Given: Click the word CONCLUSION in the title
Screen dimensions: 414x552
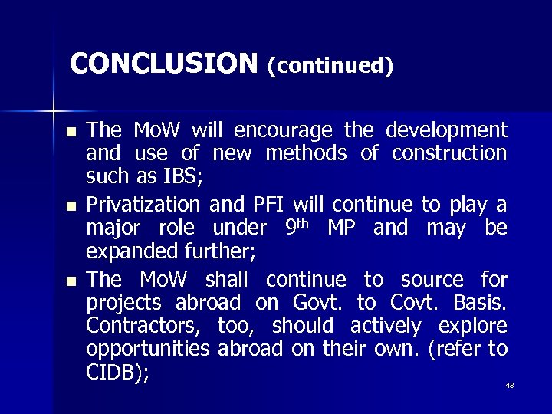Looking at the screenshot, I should point(163,63).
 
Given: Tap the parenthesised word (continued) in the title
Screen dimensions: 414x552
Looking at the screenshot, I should point(330,65).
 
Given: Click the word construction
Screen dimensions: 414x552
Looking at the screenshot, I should point(449,153).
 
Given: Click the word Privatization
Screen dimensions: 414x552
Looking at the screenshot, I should point(144,204).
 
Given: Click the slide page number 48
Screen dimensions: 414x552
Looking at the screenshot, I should point(510,385).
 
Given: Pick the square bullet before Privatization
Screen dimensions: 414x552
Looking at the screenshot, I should point(71,205).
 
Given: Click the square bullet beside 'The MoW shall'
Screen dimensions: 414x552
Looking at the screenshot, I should point(71,281).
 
